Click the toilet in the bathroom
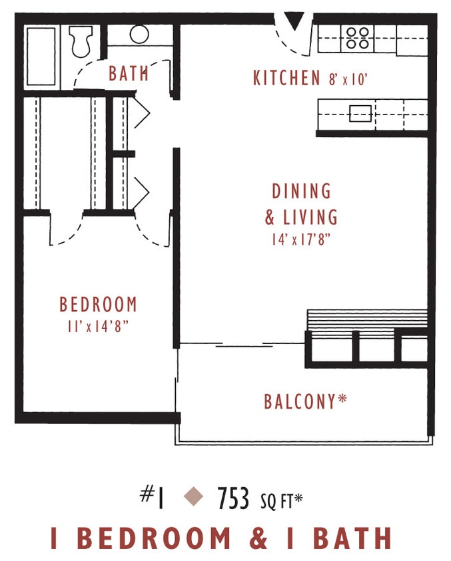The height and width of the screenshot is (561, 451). [81, 41]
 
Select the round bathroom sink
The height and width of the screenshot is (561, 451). [140, 34]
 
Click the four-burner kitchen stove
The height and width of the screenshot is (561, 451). [358, 39]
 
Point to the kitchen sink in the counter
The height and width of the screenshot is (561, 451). [360, 114]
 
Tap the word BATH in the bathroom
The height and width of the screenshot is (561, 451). [129, 73]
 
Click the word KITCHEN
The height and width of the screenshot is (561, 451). [286, 78]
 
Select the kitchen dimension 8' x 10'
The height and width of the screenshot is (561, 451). [348, 79]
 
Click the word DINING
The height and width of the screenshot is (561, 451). [301, 192]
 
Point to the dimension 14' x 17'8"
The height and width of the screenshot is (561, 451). [301, 240]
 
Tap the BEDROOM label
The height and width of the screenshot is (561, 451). [98, 305]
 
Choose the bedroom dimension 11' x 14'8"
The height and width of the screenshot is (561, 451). [98, 326]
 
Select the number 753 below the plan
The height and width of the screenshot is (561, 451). [233, 497]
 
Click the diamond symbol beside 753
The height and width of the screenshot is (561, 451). [193, 496]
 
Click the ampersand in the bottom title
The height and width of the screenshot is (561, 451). [258, 538]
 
